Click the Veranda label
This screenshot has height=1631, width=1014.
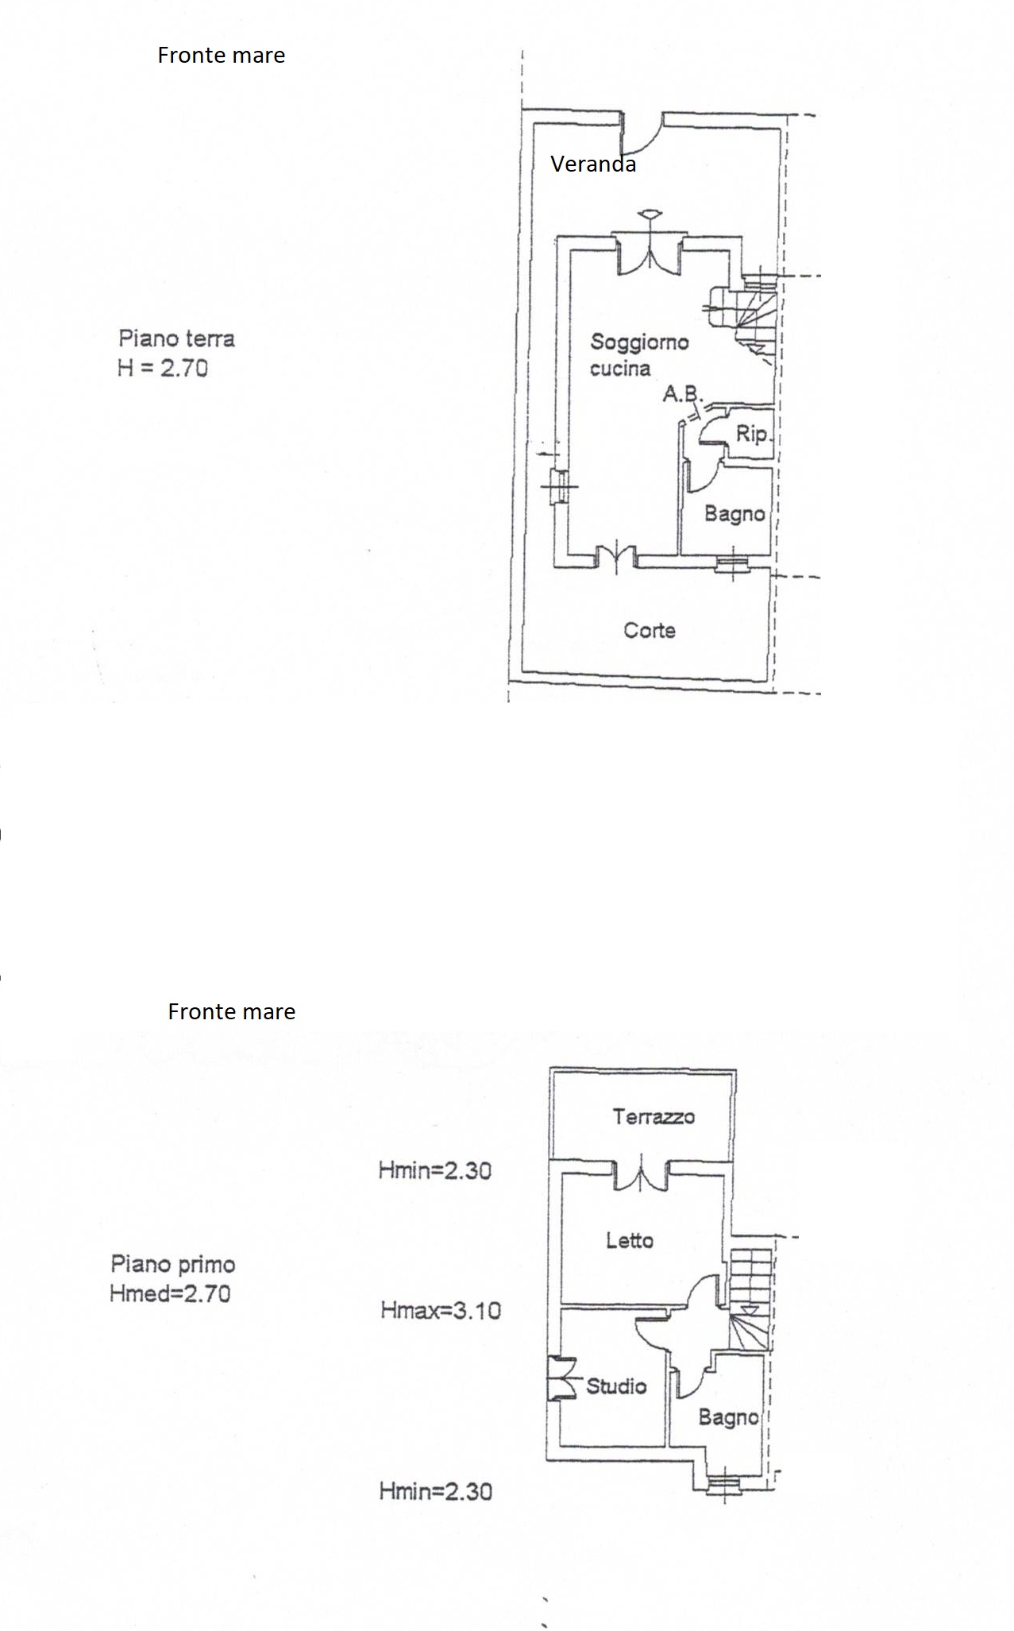(593, 164)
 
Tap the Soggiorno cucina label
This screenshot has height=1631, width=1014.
(639, 355)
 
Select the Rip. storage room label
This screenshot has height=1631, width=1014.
(753, 435)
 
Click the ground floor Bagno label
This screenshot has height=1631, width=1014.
(734, 514)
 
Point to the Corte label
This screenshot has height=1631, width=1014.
(650, 631)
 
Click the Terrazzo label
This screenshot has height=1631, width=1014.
(654, 1117)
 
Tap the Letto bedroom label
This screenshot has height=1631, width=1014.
(630, 1240)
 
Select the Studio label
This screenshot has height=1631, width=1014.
(616, 1386)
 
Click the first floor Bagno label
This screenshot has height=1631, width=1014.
(728, 1417)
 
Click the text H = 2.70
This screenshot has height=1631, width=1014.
(163, 369)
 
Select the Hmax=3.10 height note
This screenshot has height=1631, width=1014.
(441, 1310)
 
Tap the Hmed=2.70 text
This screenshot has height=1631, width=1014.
(171, 1293)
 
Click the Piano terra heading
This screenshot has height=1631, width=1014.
(176, 339)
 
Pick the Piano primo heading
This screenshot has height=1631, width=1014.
(173, 1264)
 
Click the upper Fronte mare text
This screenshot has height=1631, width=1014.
(222, 56)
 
